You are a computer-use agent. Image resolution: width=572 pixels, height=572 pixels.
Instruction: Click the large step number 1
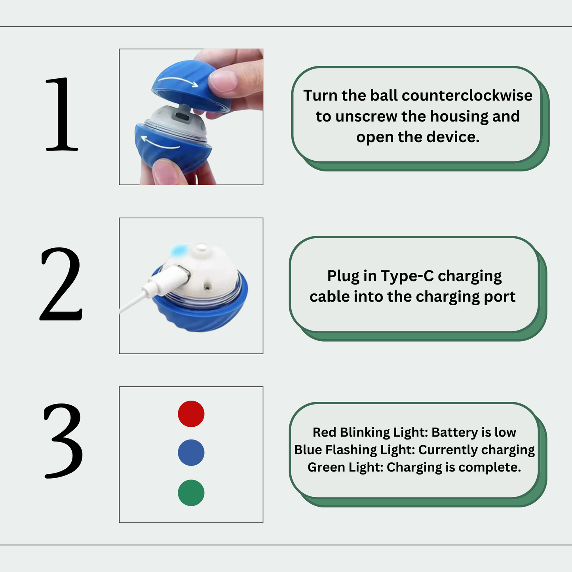(x=62, y=114)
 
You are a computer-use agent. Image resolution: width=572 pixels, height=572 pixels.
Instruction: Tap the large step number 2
(x=61, y=284)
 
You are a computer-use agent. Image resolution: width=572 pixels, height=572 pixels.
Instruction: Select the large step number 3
(x=63, y=441)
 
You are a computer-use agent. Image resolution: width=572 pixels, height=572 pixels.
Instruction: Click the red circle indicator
(x=191, y=414)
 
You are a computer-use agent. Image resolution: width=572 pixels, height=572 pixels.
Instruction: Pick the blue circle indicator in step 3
(x=191, y=452)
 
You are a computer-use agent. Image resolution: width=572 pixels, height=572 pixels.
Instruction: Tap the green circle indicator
(x=191, y=493)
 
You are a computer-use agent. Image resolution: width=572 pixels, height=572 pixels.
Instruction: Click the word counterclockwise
(x=467, y=95)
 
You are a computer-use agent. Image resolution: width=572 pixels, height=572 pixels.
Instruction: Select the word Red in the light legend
(x=325, y=432)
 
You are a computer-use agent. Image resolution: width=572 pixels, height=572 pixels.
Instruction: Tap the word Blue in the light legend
(x=308, y=450)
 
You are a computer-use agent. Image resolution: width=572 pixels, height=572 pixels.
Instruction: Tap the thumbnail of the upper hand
(x=222, y=80)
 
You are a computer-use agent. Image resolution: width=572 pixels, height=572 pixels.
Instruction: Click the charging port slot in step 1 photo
(x=182, y=116)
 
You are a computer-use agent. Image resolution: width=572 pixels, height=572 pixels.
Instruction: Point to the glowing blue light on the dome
(x=179, y=251)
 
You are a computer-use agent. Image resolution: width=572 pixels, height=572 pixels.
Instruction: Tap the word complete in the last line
(x=490, y=467)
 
